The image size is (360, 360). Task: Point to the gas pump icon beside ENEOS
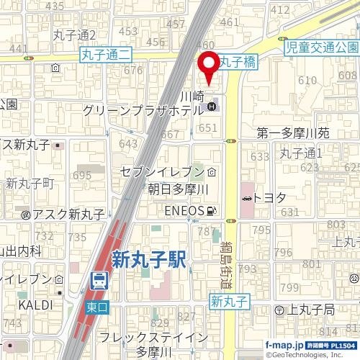pos(211,210)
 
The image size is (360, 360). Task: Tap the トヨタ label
pos(271,197)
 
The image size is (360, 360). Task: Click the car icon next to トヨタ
pos(247,197)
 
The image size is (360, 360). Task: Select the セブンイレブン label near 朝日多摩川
pos(162,173)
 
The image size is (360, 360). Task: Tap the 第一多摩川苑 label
pos(293,133)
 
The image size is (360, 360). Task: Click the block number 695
pos(82,176)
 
